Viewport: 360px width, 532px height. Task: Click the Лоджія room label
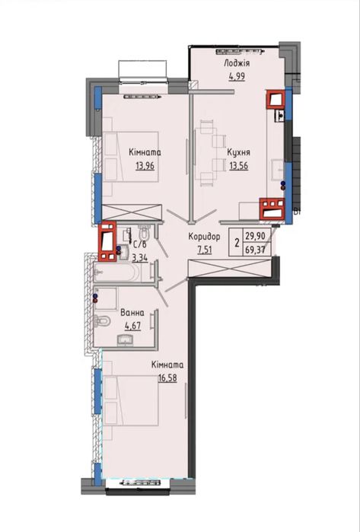237,63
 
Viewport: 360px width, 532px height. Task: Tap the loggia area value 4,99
237,76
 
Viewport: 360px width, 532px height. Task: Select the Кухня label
239,152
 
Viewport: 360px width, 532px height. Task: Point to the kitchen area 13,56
239,166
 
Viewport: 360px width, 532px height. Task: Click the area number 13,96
145,166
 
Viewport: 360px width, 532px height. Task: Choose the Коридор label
204,237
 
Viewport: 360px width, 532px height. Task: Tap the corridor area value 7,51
205,250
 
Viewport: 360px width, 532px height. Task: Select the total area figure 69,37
257,250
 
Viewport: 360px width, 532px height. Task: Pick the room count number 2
237,242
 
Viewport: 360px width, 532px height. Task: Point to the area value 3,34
140,259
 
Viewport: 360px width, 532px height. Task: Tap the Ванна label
132,313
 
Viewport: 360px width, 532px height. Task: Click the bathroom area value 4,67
132,326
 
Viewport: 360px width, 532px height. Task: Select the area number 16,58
167,378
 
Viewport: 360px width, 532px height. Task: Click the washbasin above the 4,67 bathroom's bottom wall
126,340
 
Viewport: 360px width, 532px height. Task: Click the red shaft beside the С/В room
107,241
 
